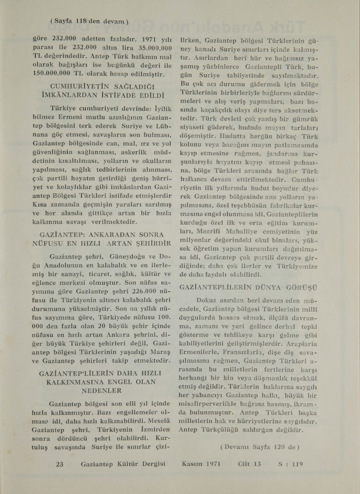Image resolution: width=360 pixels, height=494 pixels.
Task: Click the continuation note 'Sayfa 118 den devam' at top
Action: coord(89,21)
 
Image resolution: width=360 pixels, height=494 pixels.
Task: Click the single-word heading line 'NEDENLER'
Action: coord(99,390)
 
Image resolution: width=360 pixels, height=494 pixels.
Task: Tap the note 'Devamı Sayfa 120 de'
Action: coord(259,446)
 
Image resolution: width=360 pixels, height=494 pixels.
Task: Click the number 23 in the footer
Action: coord(60,464)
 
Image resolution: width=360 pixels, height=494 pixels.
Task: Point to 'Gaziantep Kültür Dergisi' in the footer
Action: coord(123,464)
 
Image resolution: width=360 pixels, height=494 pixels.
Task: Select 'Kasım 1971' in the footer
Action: coord(201,464)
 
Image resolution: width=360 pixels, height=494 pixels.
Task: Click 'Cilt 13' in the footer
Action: coord(250,464)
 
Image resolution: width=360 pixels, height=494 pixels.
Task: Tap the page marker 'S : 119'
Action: coord(291,464)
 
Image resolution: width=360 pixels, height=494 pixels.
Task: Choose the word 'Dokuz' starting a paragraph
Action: coord(209,301)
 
